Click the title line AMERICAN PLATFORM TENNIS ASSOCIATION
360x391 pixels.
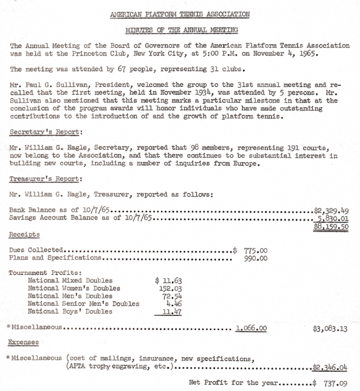[x=180, y=13]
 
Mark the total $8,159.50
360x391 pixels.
[x=331, y=228]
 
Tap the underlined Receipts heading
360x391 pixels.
[x=24, y=235]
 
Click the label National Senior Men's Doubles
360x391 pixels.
[x=84, y=303]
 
